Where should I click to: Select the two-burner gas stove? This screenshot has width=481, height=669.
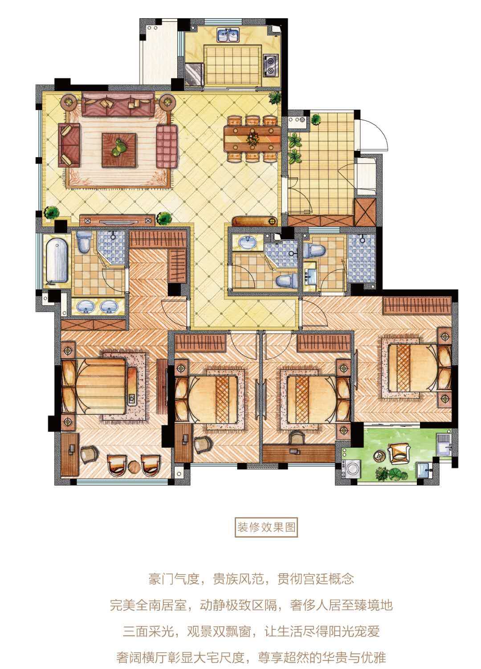(x=271, y=65)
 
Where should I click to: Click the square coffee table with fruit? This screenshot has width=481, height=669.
(x=119, y=150)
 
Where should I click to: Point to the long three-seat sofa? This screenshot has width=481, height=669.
(x=118, y=104)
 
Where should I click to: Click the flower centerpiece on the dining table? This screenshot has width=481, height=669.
(x=253, y=139)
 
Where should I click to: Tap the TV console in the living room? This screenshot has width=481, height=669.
(x=117, y=220)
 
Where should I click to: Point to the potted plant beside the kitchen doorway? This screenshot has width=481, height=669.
(x=275, y=98)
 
